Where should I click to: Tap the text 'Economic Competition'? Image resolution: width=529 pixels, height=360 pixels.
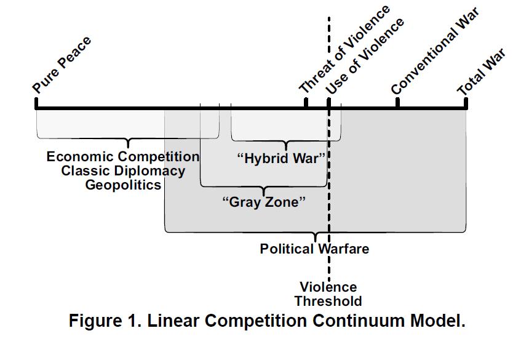[x=123, y=157]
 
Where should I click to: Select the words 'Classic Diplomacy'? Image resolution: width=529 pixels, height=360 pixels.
[x=123, y=171]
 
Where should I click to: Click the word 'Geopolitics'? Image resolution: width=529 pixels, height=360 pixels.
[x=123, y=185]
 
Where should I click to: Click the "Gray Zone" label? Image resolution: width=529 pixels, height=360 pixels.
[x=263, y=202]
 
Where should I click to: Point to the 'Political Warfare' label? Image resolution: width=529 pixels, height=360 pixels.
[x=314, y=249]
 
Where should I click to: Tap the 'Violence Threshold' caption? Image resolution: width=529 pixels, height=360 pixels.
[x=328, y=294]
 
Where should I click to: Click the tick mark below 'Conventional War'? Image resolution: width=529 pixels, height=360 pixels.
[x=397, y=102]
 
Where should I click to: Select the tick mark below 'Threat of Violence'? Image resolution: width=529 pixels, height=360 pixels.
[x=306, y=102]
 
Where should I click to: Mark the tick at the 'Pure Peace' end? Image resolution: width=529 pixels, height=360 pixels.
[x=36, y=102]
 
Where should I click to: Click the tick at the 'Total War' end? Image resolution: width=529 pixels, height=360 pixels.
[x=466, y=102]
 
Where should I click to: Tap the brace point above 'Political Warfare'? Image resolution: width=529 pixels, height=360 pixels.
[x=315, y=237]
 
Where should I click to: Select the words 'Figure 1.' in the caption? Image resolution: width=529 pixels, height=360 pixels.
[x=102, y=321]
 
